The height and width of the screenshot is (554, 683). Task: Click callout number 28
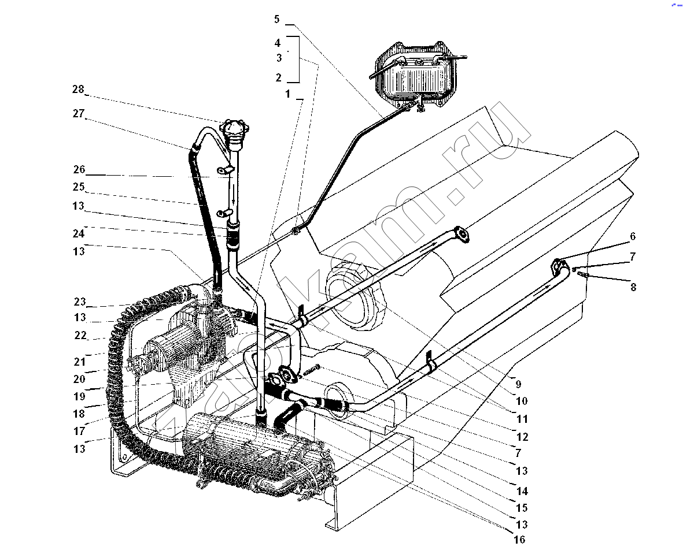coord(78,89)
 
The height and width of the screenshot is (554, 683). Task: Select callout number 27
coord(79,114)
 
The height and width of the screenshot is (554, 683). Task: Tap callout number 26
coord(79,169)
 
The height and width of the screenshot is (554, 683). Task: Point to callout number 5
coord(276,19)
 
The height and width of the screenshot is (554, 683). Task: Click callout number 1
coord(287,94)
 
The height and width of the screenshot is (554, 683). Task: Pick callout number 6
coord(633,236)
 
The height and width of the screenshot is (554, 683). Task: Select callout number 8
coord(633,287)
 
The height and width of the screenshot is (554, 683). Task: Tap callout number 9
coord(518,384)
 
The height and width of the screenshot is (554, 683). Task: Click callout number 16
coord(519,540)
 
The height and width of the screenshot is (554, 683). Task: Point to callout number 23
coord(80,302)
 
